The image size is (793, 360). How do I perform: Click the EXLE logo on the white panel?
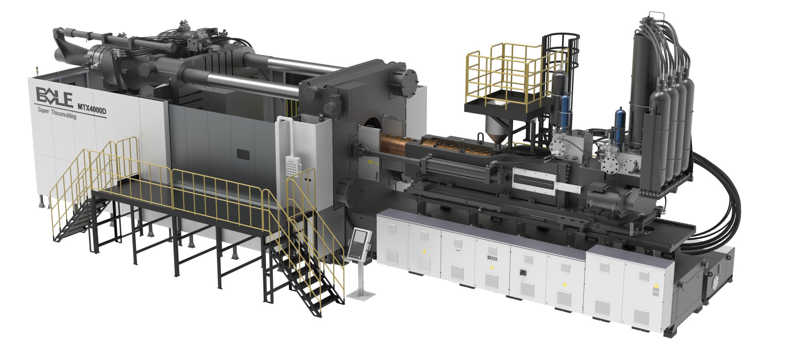(x=55, y=98)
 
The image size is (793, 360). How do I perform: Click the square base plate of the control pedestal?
(x=361, y=294)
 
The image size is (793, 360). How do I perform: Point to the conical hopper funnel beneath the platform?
(x=498, y=133)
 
